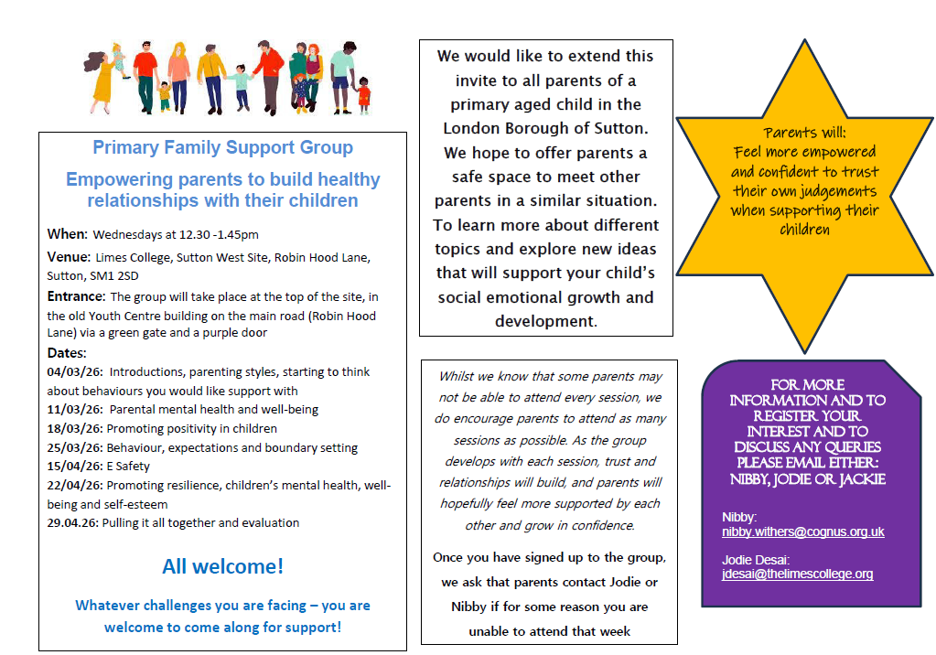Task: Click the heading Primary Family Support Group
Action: click(222, 147)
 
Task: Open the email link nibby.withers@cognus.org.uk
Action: click(802, 532)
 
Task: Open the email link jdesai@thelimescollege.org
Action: click(797, 574)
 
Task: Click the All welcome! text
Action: click(222, 566)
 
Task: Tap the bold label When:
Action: click(68, 234)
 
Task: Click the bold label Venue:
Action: click(69, 257)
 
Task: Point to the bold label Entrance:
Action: click(76, 296)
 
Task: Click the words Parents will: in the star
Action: click(805, 133)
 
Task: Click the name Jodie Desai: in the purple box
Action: click(754, 559)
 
